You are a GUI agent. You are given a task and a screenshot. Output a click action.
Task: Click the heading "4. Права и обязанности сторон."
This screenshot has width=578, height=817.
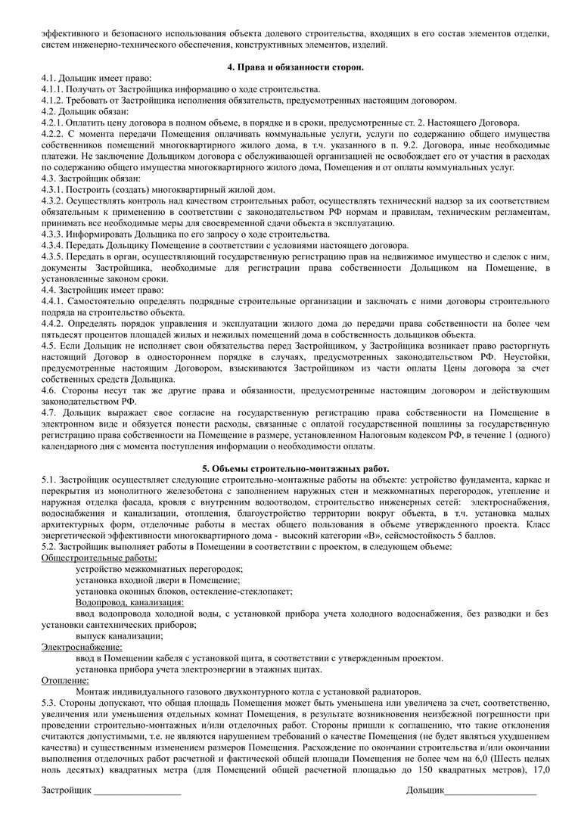coord(288,67)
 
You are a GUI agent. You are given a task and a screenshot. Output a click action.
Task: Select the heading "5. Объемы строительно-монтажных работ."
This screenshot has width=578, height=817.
coord(288,468)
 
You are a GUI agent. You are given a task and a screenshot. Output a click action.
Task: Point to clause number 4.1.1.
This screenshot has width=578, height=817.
coord(54,89)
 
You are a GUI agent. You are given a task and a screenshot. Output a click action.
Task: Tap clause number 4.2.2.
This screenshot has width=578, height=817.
coord(54,133)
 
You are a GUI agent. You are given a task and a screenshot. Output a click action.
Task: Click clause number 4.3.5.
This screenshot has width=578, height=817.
coord(54,256)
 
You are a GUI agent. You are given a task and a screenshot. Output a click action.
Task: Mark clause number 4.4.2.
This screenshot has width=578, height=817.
coord(54,322)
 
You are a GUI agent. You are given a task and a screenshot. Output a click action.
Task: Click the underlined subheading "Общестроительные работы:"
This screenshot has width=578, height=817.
coord(89,558)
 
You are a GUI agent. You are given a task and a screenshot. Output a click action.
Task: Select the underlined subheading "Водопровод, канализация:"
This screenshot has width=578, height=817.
coord(129,602)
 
